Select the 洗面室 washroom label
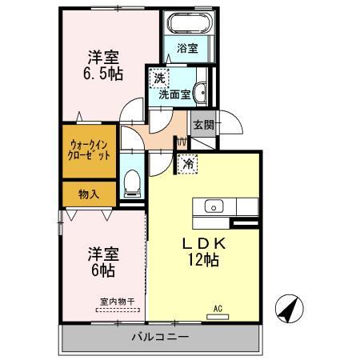coord(174,94)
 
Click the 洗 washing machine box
coord(159,78)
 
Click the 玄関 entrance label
coord(202,126)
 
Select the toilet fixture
coord(133,185)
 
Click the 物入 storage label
coord(89,194)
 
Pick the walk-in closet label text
coord(90,150)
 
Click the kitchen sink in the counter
coord(214,206)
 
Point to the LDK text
coord(205,242)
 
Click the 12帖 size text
coord(205,260)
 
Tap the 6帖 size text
coord(102,270)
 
